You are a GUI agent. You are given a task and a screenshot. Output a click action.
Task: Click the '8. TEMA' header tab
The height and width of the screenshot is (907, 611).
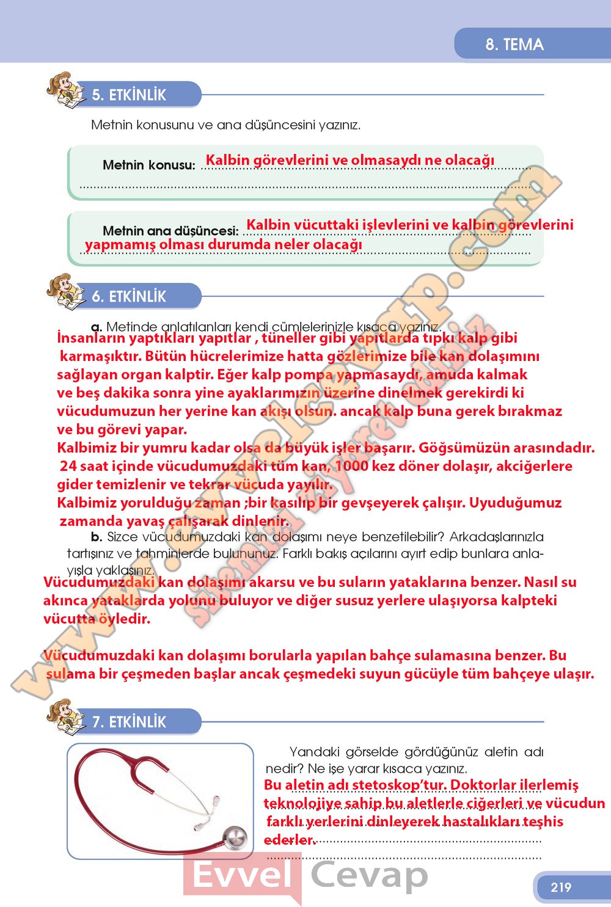click(514, 45)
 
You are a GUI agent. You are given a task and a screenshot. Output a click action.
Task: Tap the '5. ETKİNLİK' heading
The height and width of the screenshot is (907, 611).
click(129, 95)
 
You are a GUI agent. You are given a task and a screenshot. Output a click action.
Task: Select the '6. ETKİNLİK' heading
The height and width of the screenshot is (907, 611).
click(129, 296)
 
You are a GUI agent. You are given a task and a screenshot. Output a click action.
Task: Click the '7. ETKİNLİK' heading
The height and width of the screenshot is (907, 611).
click(129, 721)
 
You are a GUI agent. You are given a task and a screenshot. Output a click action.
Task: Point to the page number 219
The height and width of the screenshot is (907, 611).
click(560, 887)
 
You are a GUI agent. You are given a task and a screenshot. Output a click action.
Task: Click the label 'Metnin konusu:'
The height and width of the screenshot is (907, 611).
click(149, 165)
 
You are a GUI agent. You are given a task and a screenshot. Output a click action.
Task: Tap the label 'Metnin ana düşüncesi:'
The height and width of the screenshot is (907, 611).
click(170, 231)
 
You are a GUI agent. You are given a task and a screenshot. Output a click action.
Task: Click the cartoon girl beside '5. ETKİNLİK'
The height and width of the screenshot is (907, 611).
click(64, 91)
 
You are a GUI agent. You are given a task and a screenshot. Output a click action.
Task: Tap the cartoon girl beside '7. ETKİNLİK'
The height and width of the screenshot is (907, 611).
click(64, 718)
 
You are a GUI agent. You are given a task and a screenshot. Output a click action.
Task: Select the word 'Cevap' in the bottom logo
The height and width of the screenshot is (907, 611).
click(369, 875)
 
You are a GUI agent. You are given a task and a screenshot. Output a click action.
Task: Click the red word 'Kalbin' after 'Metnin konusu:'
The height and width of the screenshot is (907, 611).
click(227, 160)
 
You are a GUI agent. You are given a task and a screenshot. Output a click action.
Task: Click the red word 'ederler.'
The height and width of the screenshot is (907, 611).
click(290, 840)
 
